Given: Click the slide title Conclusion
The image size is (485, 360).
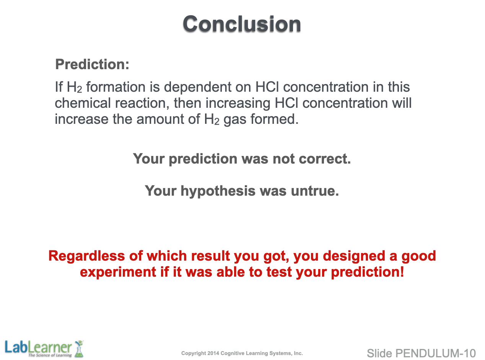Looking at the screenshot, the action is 242,24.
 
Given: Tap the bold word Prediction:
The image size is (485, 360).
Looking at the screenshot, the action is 92,64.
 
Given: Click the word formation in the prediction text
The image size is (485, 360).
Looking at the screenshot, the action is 116,87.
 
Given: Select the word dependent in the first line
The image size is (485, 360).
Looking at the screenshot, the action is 197,87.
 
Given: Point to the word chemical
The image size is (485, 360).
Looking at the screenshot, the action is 83,103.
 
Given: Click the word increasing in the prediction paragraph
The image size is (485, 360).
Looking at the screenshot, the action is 238,103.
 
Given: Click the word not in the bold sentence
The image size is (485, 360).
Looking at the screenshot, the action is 283,159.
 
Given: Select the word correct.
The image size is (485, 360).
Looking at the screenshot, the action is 325,159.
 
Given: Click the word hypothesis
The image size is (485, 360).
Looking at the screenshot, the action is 218,191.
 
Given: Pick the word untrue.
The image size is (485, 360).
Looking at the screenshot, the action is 315,191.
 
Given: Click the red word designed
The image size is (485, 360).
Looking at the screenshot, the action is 354,256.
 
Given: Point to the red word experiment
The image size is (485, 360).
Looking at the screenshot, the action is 118,272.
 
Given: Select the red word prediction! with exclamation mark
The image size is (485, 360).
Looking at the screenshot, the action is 367,272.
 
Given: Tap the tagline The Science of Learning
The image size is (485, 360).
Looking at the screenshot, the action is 50,355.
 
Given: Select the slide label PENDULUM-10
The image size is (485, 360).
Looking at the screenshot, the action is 435,354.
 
